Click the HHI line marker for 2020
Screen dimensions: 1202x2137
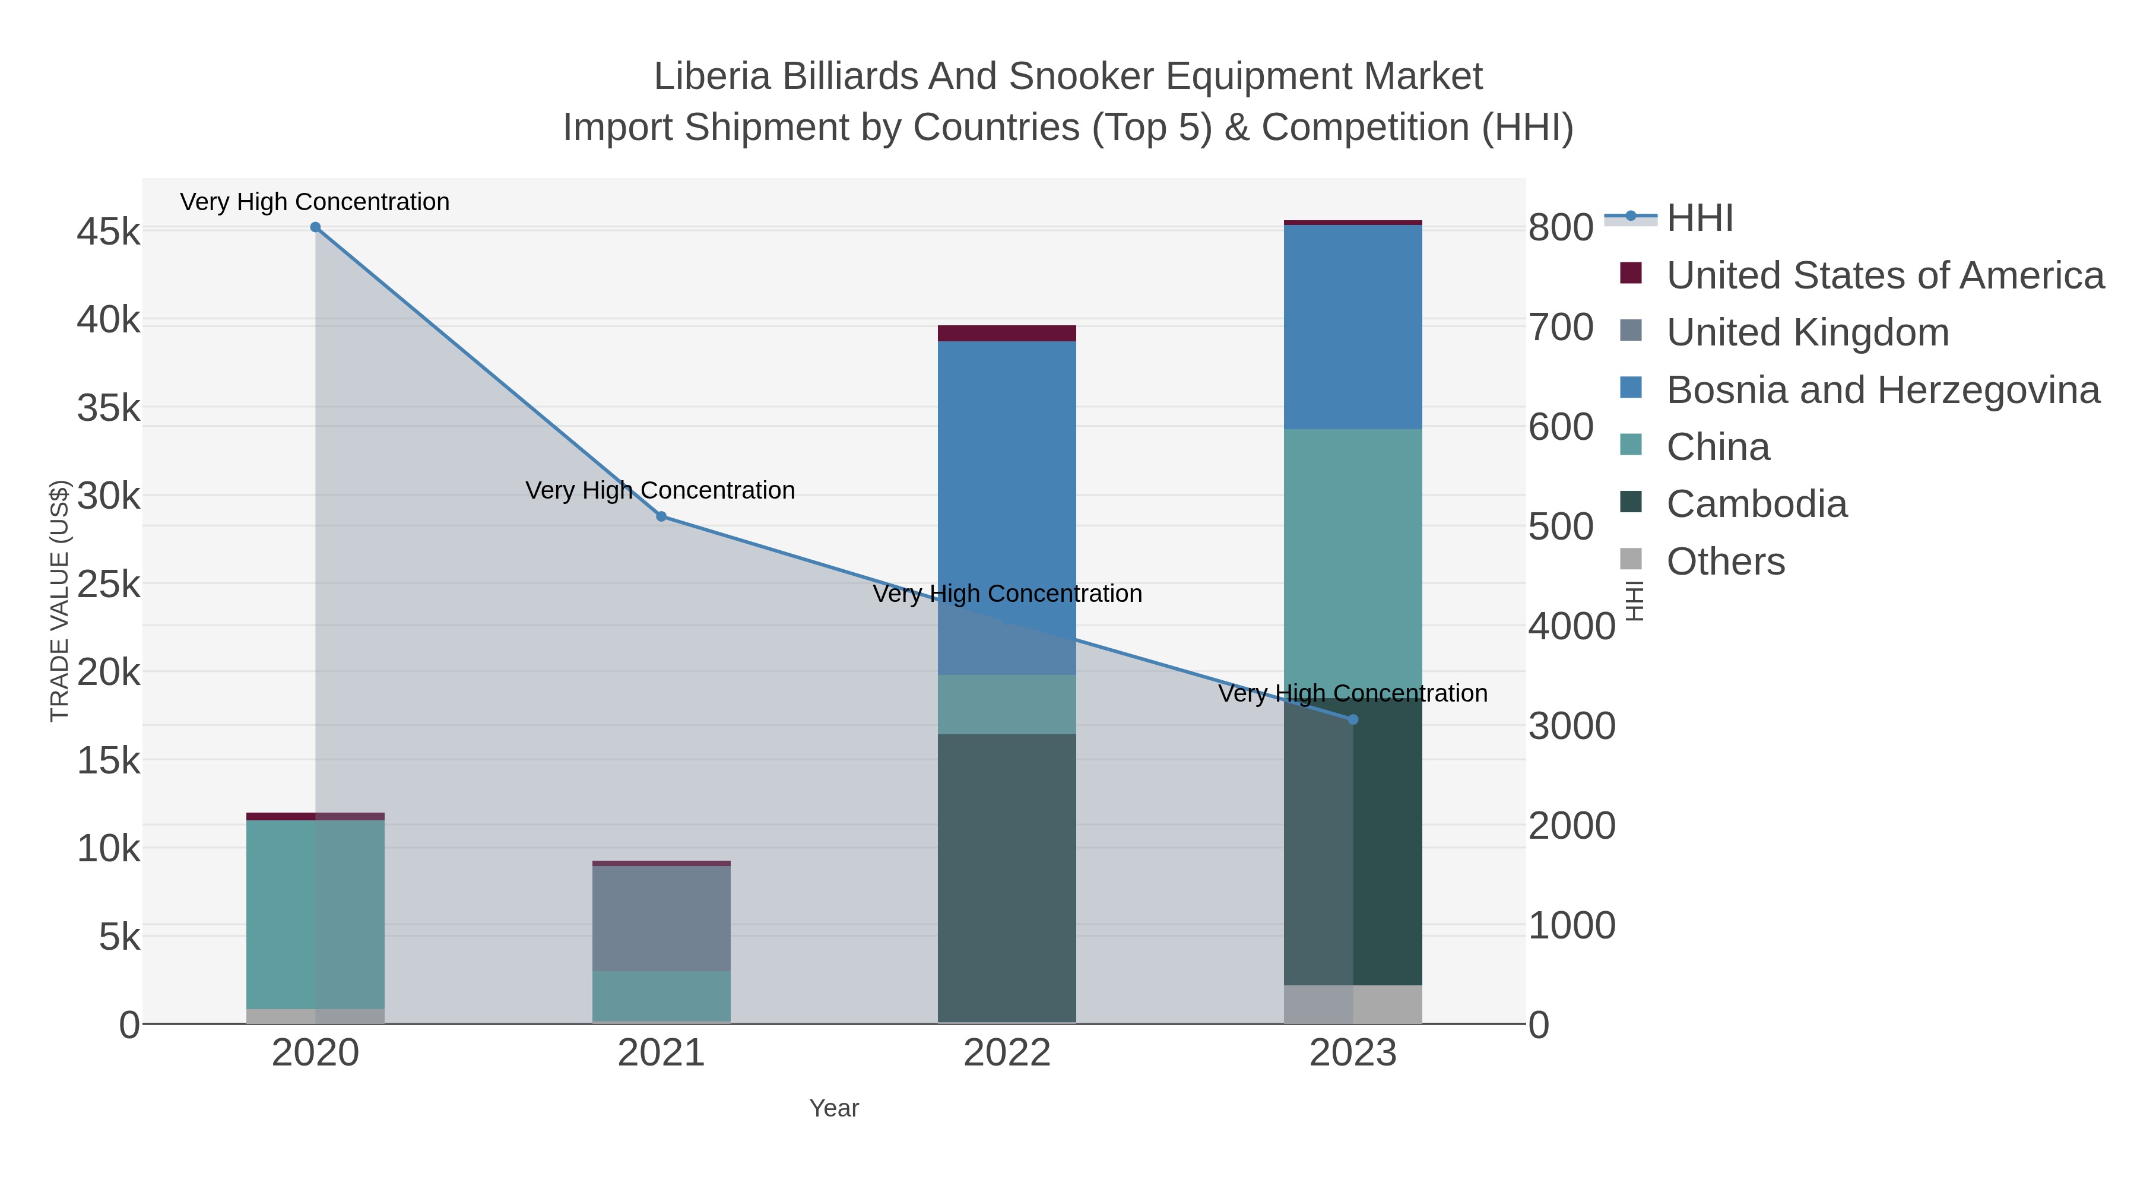click(x=315, y=227)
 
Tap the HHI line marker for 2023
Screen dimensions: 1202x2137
click(x=1353, y=720)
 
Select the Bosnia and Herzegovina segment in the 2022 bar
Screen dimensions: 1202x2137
click(x=1006, y=498)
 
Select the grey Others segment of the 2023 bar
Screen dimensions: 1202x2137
click(x=1353, y=1004)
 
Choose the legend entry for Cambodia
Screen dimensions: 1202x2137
click(x=1756, y=505)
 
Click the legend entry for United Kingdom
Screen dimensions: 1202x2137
click(x=1807, y=332)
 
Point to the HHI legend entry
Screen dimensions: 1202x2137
click(x=1699, y=218)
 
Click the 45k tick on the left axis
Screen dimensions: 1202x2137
click(x=109, y=232)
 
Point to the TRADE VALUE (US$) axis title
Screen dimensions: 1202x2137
click(x=60, y=601)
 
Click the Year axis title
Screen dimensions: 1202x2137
click(x=834, y=1108)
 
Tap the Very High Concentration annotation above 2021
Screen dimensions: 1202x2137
click(x=660, y=490)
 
